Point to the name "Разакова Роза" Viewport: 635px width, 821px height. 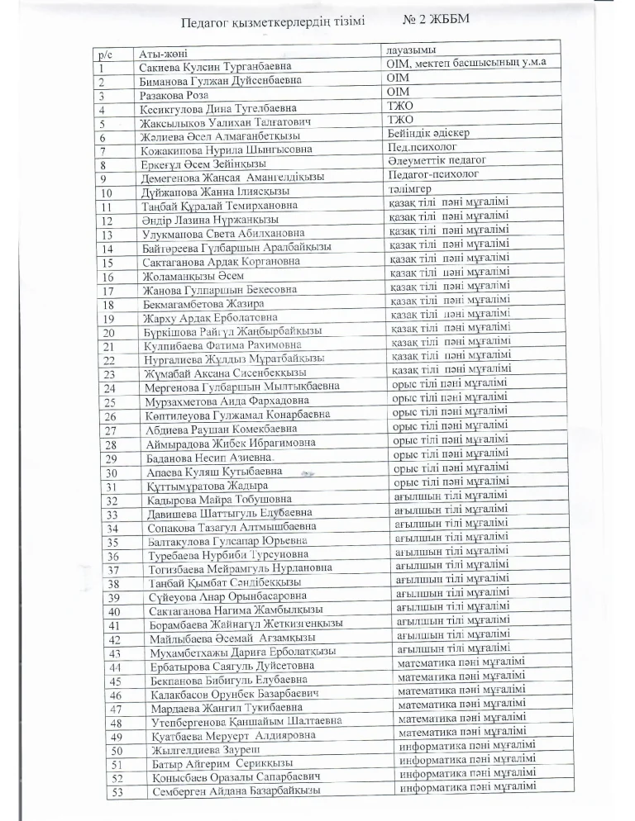coord(175,95)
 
